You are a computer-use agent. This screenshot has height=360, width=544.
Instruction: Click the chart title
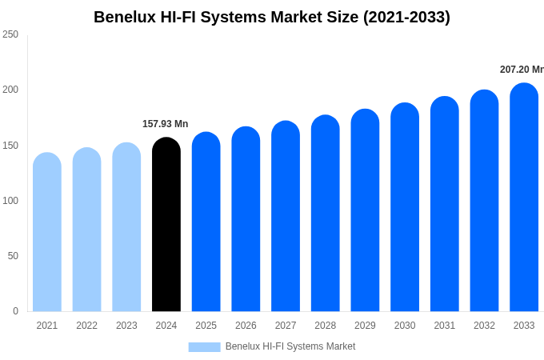tap(272, 17)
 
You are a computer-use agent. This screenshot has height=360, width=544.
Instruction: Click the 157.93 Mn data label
tap(165, 124)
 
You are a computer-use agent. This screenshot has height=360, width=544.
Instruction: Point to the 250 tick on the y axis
tap(10, 34)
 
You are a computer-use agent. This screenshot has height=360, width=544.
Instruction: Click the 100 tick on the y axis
tap(10, 201)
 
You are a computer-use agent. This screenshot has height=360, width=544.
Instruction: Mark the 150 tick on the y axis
tap(10, 146)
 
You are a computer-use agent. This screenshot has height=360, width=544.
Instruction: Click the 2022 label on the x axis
tap(86, 326)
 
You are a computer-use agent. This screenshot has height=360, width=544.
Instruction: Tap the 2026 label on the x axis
tap(246, 326)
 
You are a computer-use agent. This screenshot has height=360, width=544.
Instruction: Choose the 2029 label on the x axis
tap(365, 326)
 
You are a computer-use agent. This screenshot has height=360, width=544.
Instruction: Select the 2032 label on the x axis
tap(484, 326)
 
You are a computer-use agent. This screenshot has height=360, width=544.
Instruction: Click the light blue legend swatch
tap(204, 347)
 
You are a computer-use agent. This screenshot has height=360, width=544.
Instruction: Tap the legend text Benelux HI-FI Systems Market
tap(290, 346)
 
